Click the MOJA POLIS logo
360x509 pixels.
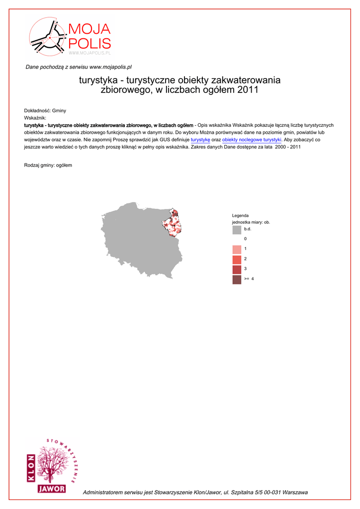[x=70, y=37]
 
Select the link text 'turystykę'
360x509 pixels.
[x=200, y=140]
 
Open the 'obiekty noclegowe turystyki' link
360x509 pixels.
[x=252, y=140]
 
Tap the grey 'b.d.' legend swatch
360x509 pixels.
[x=237, y=230]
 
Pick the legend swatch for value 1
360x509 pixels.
[x=237, y=249]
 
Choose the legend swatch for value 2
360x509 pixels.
[x=237, y=259]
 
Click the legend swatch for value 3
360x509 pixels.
[x=237, y=269]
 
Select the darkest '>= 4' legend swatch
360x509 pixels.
[x=237, y=279]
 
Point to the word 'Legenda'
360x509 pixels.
[x=240, y=215]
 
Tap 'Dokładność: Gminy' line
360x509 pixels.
[x=45, y=110]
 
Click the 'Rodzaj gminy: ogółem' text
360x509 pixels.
[x=48, y=165]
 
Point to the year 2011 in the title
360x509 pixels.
[x=248, y=90]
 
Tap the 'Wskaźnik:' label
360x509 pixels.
[x=35, y=118]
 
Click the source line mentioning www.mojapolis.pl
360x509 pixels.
[x=79, y=67]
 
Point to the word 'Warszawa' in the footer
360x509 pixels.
[x=295, y=492]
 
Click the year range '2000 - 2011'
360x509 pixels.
[x=288, y=147]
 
